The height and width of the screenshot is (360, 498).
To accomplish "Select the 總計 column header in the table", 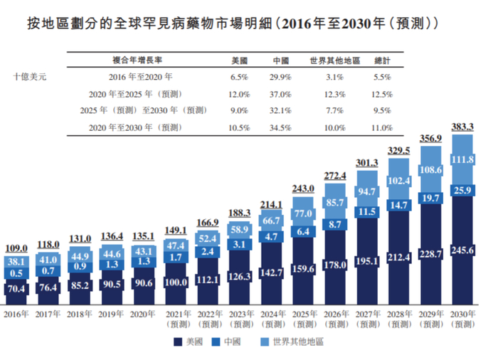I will point(382,59).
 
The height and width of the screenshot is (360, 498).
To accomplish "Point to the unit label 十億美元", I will point(29,75).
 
